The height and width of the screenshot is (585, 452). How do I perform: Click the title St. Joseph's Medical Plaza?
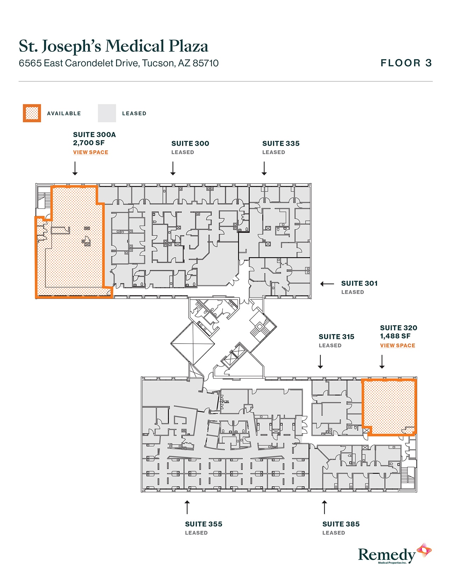113,46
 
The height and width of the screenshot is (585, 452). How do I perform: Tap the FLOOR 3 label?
406,63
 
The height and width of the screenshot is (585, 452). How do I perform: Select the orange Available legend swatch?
32,113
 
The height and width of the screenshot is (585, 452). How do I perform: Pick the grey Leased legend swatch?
107,113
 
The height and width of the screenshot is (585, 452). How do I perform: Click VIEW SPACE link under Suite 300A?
90,152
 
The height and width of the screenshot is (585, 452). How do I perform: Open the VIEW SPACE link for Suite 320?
397,346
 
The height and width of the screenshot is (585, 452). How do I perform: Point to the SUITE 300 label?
190,144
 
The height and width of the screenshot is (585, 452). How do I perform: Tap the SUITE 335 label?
281,144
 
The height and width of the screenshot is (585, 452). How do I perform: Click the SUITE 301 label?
359,283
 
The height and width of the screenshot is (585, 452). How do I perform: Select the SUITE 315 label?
336,337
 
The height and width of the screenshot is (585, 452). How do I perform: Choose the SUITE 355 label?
203,524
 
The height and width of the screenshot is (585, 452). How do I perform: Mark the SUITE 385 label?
341,524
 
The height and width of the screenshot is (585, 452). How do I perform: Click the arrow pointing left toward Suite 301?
327,284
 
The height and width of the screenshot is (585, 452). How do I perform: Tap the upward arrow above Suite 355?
187,507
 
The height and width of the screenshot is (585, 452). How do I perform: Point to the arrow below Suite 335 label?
264,168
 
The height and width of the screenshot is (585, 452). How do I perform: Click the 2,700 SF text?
89,143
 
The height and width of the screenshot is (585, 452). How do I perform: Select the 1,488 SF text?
395,336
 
